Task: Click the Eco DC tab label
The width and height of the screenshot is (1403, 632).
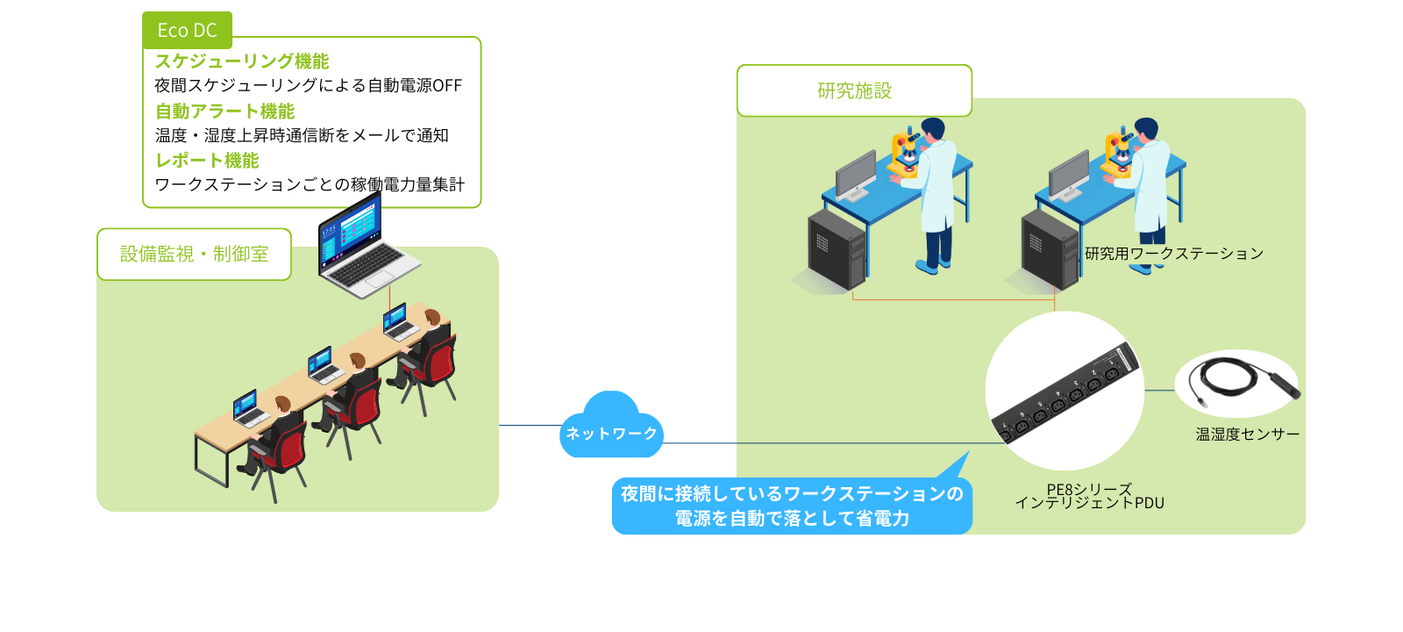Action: point(187,31)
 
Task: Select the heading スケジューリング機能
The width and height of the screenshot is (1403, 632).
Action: point(242,61)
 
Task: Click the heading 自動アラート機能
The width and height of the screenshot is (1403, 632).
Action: point(224,111)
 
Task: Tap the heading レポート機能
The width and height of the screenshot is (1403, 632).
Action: point(207,161)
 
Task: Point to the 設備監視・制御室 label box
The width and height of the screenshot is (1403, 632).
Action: point(194,255)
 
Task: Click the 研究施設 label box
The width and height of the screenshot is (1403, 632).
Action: point(854,90)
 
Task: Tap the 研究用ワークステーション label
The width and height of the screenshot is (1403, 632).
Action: point(1173,254)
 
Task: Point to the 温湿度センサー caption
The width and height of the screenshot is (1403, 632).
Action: point(1247,434)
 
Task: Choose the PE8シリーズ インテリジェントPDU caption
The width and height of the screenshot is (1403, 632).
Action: point(1089,497)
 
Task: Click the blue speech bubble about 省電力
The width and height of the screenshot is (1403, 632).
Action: point(791,506)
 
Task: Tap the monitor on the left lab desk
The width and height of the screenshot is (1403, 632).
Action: point(855,173)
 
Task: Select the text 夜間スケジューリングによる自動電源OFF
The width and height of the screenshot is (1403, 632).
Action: point(308,86)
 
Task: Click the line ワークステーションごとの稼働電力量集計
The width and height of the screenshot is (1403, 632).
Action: point(310,185)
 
